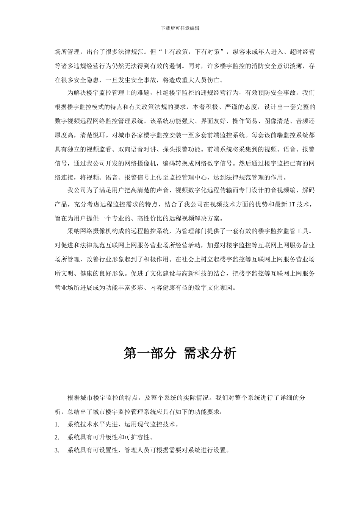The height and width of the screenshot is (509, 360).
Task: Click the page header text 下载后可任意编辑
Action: [x=180, y=28]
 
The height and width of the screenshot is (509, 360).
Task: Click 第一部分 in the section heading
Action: [x=150, y=353]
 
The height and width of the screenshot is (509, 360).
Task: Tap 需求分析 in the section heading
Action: [x=210, y=353]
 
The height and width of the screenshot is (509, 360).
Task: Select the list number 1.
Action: [x=56, y=425]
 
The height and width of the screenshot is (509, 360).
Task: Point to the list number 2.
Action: [x=56, y=437]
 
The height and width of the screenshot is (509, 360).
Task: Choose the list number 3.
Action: [x=56, y=450]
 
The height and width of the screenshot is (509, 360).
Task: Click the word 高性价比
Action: [x=144, y=219]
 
